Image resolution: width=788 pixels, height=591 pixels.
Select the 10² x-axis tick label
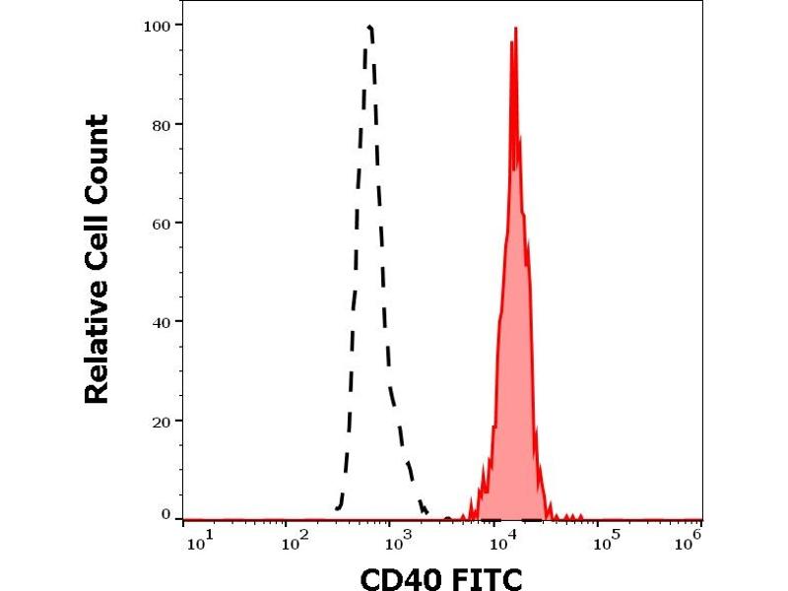coord(292,541)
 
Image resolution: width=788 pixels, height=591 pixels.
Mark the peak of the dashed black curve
coord(368,27)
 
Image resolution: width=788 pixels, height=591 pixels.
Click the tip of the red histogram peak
coord(514,29)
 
